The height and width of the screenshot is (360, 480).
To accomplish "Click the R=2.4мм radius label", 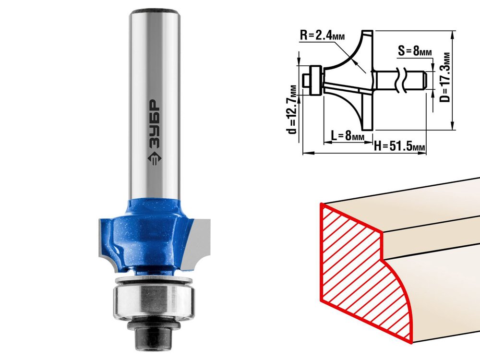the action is (322, 36).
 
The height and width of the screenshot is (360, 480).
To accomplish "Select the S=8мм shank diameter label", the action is (415, 50).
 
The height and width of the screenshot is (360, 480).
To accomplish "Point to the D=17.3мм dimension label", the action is (446, 77).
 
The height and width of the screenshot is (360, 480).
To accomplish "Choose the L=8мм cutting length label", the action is (348, 135).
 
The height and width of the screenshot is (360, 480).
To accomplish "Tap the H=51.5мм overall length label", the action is (399, 146).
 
